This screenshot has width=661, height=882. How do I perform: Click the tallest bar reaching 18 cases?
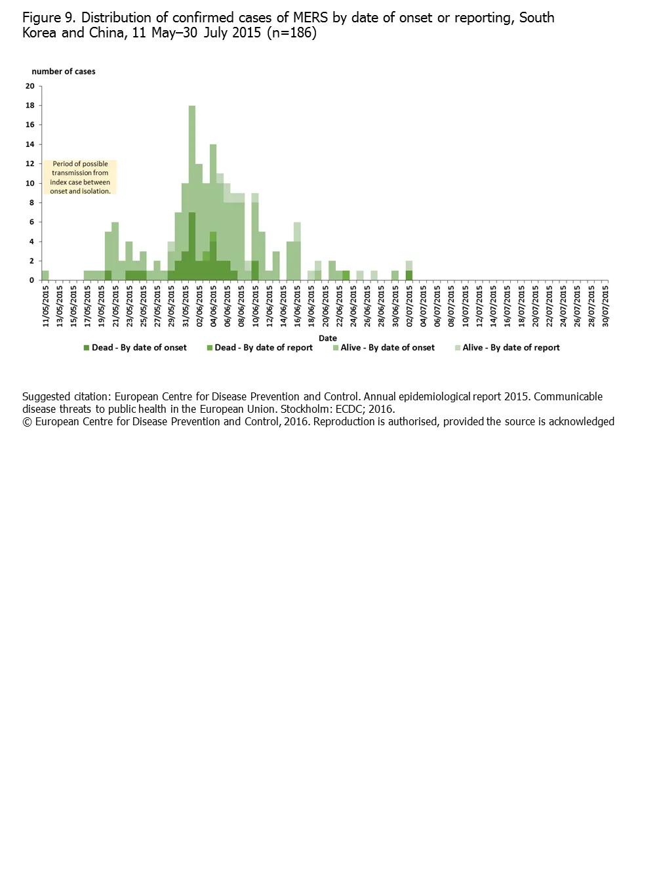(192, 190)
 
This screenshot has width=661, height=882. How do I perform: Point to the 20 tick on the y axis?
(30, 86)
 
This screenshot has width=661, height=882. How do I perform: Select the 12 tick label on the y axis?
(30, 164)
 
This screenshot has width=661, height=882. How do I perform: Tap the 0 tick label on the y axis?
(31, 280)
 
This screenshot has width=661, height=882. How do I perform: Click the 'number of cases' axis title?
(64, 72)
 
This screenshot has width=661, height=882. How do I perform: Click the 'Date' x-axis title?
(327, 338)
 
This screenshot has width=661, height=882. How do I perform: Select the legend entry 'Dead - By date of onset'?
(135, 348)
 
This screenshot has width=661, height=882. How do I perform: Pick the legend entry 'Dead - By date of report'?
(260, 348)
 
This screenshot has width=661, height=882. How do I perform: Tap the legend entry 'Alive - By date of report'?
(508, 348)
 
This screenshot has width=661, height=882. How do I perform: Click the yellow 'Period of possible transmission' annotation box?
(80, 177)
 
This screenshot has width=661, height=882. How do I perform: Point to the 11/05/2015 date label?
(46, 306)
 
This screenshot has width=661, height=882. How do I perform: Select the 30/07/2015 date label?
(605, 306)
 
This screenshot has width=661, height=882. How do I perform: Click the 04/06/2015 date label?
(214, 306)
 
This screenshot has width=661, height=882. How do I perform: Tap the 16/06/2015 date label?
(298, 306)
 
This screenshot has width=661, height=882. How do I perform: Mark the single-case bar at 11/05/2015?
(45, 276)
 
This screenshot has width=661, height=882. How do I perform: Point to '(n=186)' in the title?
(291, 33)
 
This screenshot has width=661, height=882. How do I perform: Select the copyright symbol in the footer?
(27, 422)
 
